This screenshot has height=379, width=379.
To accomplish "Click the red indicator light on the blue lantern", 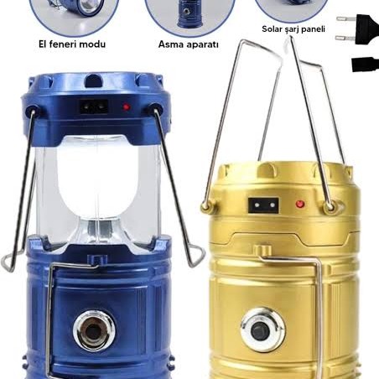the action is pos(127,106).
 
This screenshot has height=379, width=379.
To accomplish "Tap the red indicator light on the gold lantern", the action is pos(300,204).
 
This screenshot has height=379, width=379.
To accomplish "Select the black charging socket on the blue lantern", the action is pos(94,106).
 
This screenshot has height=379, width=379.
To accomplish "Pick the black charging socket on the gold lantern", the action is pos(263,205).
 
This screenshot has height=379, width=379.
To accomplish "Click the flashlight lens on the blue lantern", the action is pos(94,331).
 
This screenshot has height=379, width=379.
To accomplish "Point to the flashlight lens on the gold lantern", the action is pos(262,330).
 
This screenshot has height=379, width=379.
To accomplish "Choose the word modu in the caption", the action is pos(95,44).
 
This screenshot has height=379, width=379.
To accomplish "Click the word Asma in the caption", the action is pos(169,44).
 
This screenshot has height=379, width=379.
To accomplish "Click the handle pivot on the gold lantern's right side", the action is pos(330,206).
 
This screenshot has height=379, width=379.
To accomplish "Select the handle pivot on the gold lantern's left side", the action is pos(206,206).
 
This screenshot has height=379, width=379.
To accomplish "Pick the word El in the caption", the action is pos(44,44).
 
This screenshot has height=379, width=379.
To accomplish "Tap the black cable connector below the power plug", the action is pos(365,65).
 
